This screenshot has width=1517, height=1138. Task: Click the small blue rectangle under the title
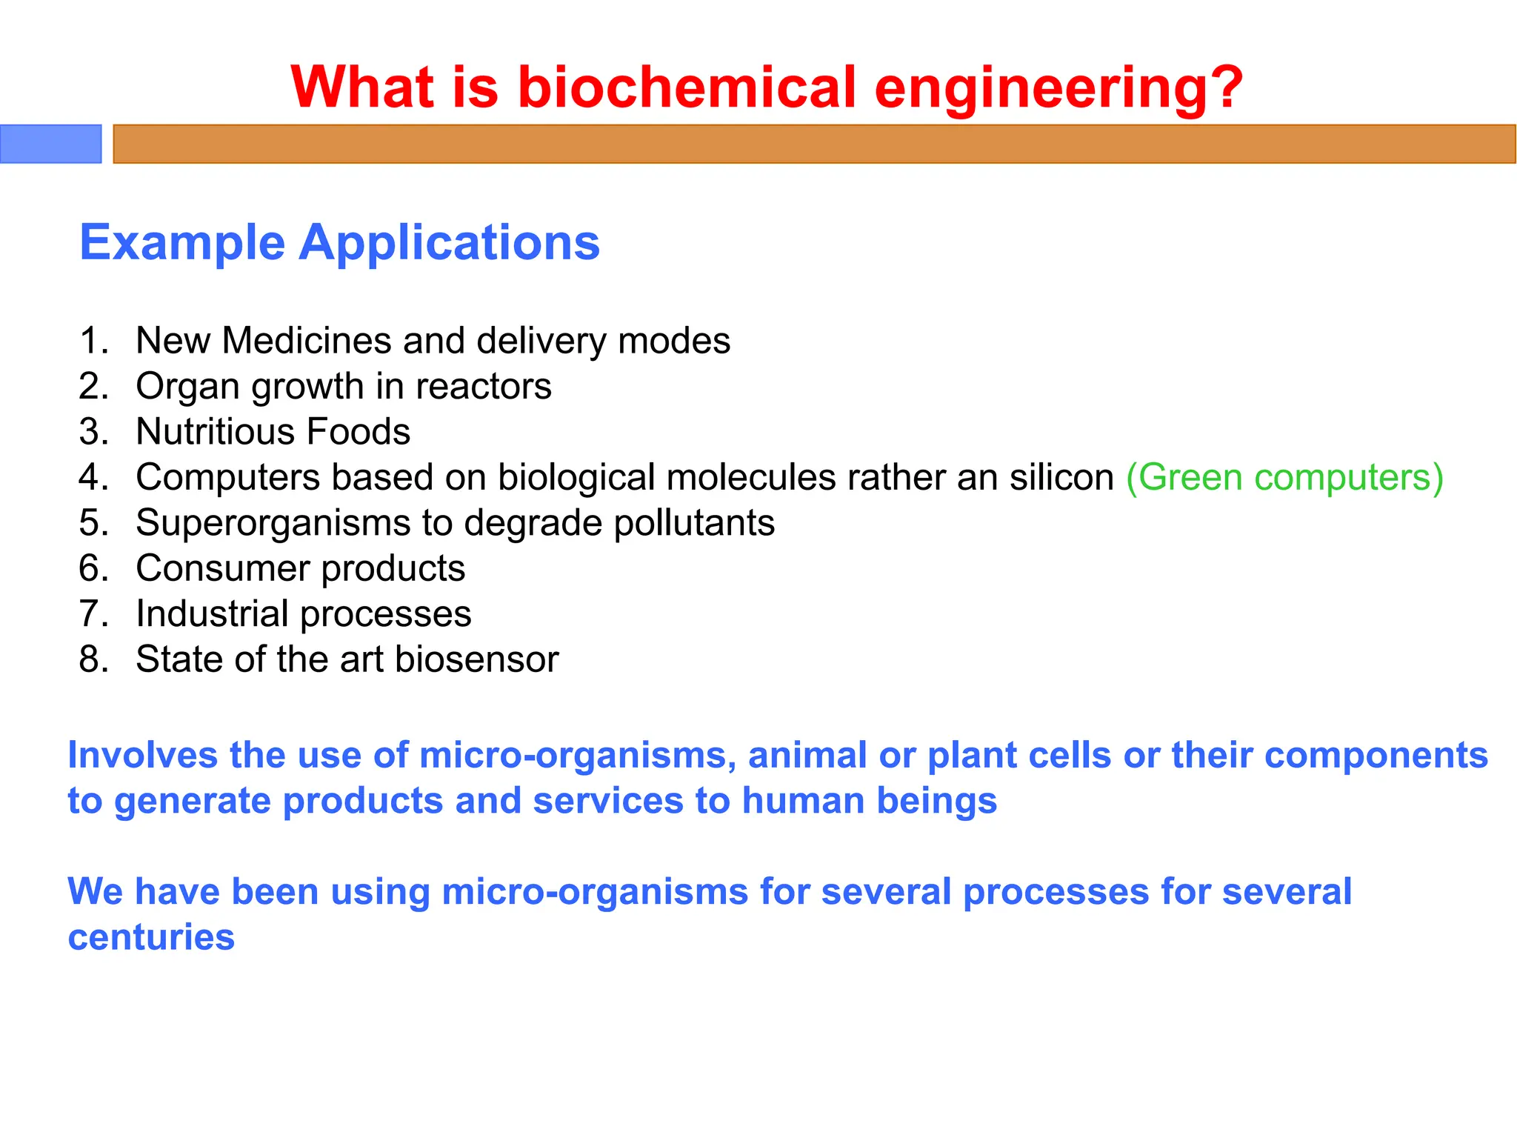[50, 144]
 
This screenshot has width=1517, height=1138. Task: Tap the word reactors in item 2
[484, 387]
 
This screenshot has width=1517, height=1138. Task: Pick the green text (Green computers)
[1284, 478]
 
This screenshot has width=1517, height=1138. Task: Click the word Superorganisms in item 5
[273, 523]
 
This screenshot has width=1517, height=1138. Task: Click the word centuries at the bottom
[151, 937]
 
